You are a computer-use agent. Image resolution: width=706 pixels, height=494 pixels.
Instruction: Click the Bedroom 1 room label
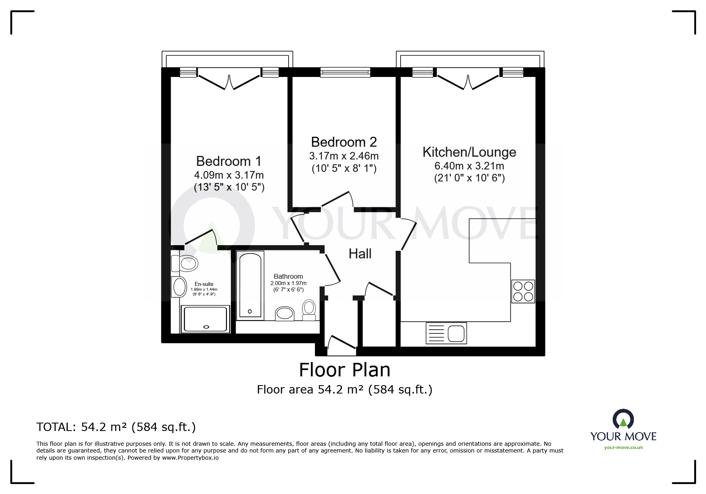[x=229, y=161]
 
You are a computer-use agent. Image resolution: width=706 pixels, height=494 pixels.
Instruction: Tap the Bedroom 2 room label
[x=344, y=142]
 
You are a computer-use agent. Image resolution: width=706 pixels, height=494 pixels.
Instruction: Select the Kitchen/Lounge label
[x=469, y=152]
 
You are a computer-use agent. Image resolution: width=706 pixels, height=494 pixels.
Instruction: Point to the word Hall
[x=360, y=254]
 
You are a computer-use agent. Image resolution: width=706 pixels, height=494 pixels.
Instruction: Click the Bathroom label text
[x=288, y=276]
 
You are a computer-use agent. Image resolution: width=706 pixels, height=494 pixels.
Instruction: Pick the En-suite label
[x=204, y=284]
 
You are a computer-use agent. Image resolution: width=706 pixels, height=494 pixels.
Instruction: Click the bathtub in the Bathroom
[x=250, y=285]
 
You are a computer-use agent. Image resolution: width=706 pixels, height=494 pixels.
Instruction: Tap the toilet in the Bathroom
[x=309, y=310]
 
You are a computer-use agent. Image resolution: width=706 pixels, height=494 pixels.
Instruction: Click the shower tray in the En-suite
[x=206, y=319]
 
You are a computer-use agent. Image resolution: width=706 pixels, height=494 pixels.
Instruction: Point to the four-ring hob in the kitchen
[x=523, y=291]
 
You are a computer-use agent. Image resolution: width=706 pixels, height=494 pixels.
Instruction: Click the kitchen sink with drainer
[x=446, y=333]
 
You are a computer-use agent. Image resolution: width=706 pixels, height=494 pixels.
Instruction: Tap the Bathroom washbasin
[x=285, y=313]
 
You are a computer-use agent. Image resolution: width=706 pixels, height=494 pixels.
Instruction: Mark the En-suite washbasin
[x=179, y=287]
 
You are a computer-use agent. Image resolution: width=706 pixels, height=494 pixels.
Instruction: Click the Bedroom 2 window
[x=346, y=72]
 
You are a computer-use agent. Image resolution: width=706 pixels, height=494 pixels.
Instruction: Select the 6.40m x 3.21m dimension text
[x=469, y=166]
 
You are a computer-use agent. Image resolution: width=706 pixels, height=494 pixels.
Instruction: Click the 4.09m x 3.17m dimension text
[x=229, y=175]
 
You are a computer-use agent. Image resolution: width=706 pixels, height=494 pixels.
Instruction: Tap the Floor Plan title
[x=345, y=370]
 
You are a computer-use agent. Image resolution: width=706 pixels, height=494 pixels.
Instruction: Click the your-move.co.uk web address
[x=623, y=447]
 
